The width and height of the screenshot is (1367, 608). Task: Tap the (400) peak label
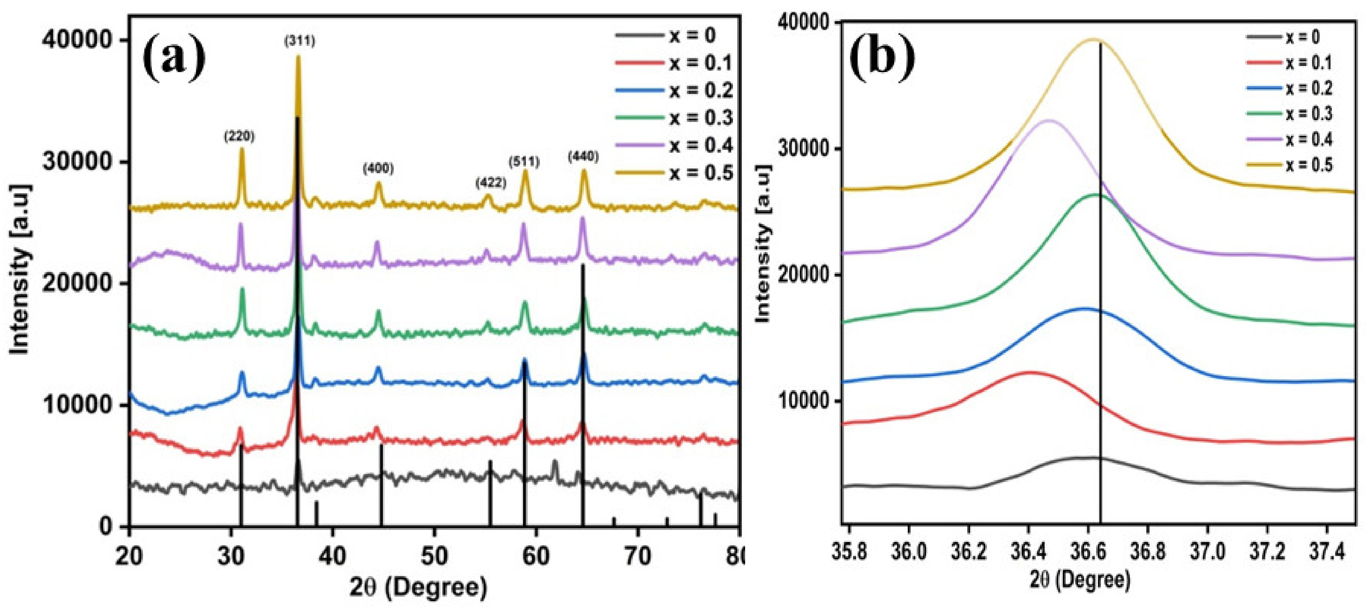point(378,169)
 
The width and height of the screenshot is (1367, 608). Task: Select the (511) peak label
point(524,161)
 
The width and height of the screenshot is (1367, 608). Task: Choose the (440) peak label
point(583,157)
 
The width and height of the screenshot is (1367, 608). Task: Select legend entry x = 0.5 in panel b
point(1308,165)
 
